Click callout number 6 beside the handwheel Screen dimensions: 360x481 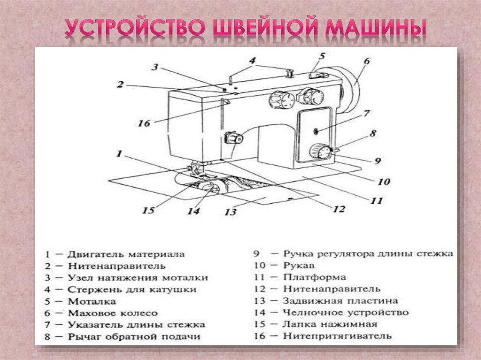(366, 61)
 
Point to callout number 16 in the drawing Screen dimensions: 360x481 (144, 123)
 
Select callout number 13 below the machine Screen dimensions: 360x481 (230, 212)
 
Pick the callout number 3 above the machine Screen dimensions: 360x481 (155, 67)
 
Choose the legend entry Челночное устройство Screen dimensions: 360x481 (346, 312)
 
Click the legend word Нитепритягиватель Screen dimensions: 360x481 (337, 336)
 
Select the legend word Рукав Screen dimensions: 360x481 (297, 266)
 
